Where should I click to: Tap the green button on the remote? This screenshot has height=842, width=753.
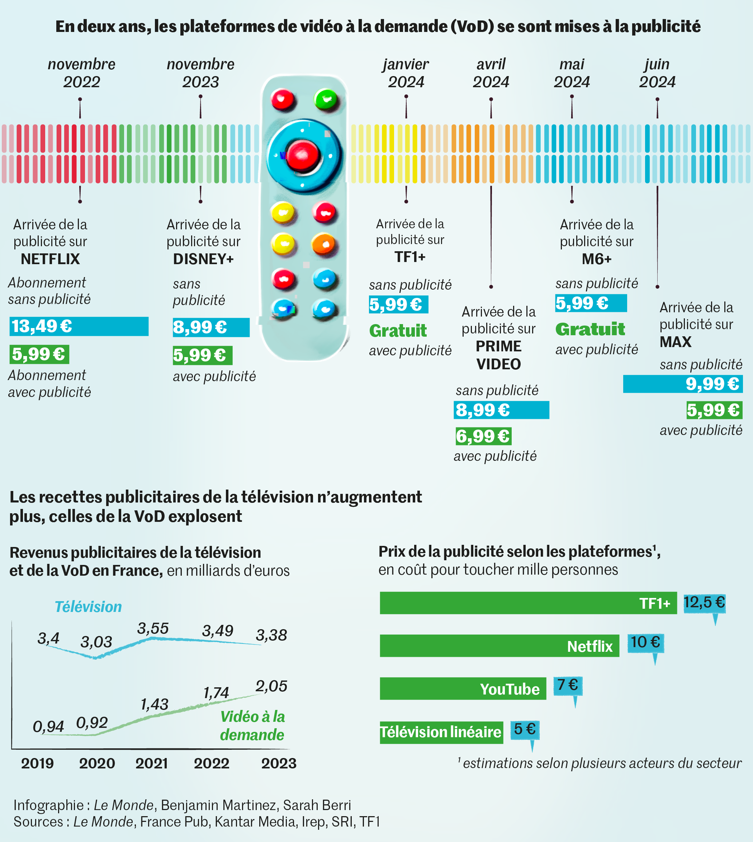(x=326, y=99)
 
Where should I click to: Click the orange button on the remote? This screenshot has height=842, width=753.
(x=323, y=244)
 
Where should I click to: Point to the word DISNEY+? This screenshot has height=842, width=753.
(x=203, y=259)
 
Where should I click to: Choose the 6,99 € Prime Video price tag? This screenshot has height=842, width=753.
(x=482, y=436)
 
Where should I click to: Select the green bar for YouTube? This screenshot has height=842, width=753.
(x=463, y=689)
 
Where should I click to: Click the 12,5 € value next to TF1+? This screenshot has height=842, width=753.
(x=704, y=602)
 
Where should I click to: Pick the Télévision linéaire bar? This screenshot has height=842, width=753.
(x=441, y=732)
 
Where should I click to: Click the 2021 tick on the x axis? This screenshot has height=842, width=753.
(x=151, y=763)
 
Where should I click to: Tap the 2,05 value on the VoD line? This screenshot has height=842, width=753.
(x=271, y=686)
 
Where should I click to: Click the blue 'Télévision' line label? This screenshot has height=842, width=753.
(x=88, y=607)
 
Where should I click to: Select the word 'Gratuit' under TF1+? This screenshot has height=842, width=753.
(x=398, y=331)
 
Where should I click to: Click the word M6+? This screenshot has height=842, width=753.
(x=596, y=259)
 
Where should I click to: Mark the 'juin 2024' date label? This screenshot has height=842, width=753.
(x=657, y=73)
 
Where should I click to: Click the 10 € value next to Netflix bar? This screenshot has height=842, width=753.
(x=645, y=642)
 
